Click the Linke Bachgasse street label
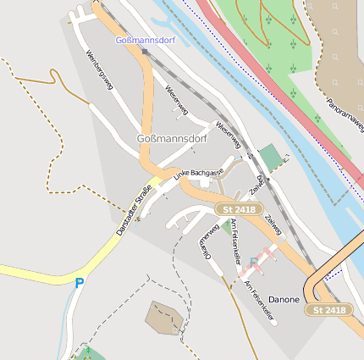coord(198,174)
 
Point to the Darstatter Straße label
coord(134,209)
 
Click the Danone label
coord(284,300)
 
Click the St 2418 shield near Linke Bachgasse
coord(239,208)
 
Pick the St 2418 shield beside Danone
coord(328,310)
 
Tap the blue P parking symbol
coord(80,283)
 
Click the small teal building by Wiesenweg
coord(270,156)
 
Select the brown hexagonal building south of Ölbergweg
coord(163,317)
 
